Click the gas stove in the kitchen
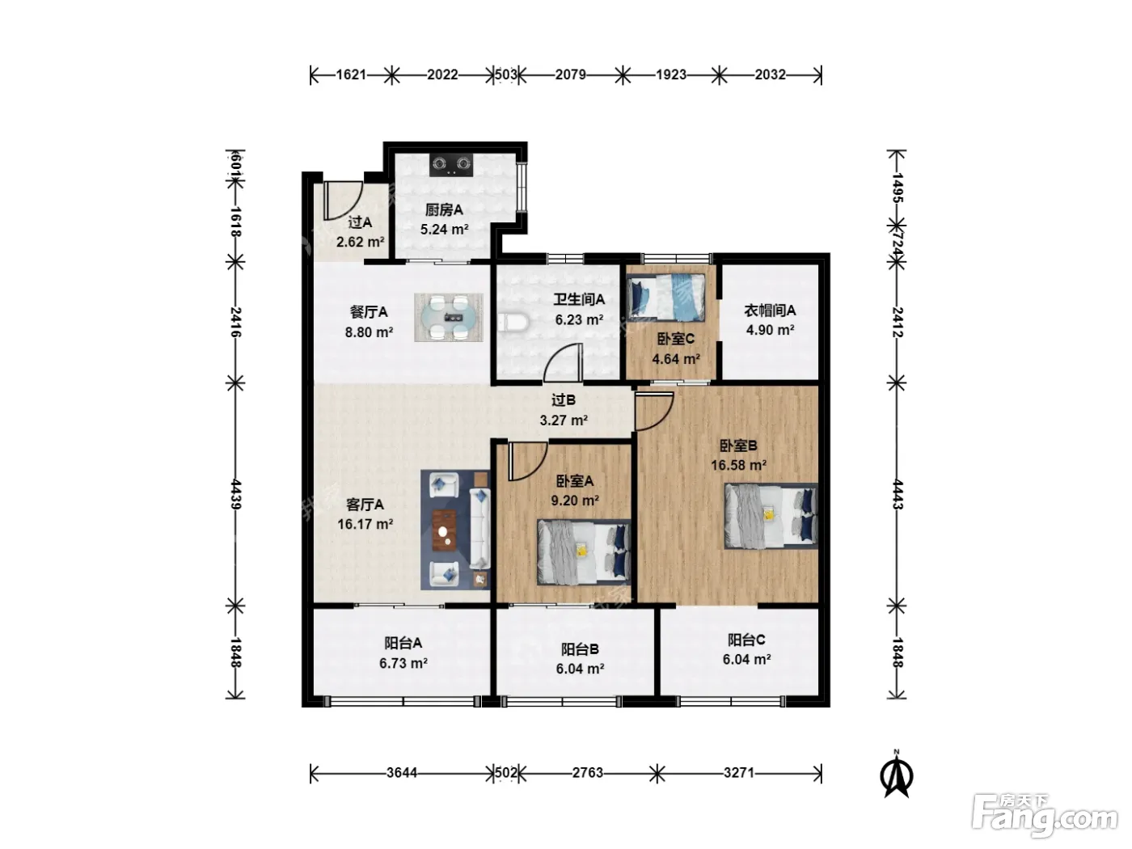point(451,164)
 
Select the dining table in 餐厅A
point(449,318)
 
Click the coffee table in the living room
point(444,530)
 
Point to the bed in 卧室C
point(665,298)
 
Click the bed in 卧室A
point(584,552)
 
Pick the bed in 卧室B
point(771,516)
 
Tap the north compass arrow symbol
point(897,775)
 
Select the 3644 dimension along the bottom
point(402,773)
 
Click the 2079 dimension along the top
point(570,75)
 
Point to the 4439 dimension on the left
point(235,494)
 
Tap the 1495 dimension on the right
point(898,188)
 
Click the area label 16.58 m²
point(738,466)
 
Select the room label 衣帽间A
point(770,310)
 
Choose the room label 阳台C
point(746,640)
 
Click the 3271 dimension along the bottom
point(739,773)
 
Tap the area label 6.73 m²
point(403,663)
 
